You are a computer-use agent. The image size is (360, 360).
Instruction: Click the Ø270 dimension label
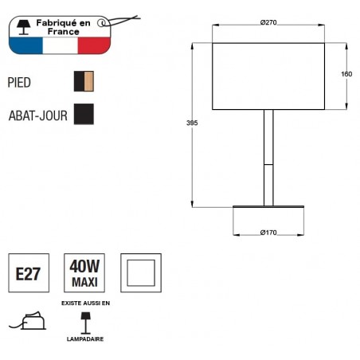268,22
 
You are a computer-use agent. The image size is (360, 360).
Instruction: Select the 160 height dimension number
346,74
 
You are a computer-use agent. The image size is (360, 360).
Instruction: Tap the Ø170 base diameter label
268,233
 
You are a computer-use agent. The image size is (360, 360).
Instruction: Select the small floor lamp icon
84,321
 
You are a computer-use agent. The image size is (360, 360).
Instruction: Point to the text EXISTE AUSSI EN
84,303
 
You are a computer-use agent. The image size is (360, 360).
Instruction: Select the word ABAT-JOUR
37,114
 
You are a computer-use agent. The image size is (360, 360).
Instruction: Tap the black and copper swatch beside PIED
84,82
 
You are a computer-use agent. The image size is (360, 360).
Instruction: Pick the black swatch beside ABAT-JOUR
84,114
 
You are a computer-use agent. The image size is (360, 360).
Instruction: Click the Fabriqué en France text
64,25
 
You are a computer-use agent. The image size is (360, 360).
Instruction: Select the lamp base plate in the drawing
268,208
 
